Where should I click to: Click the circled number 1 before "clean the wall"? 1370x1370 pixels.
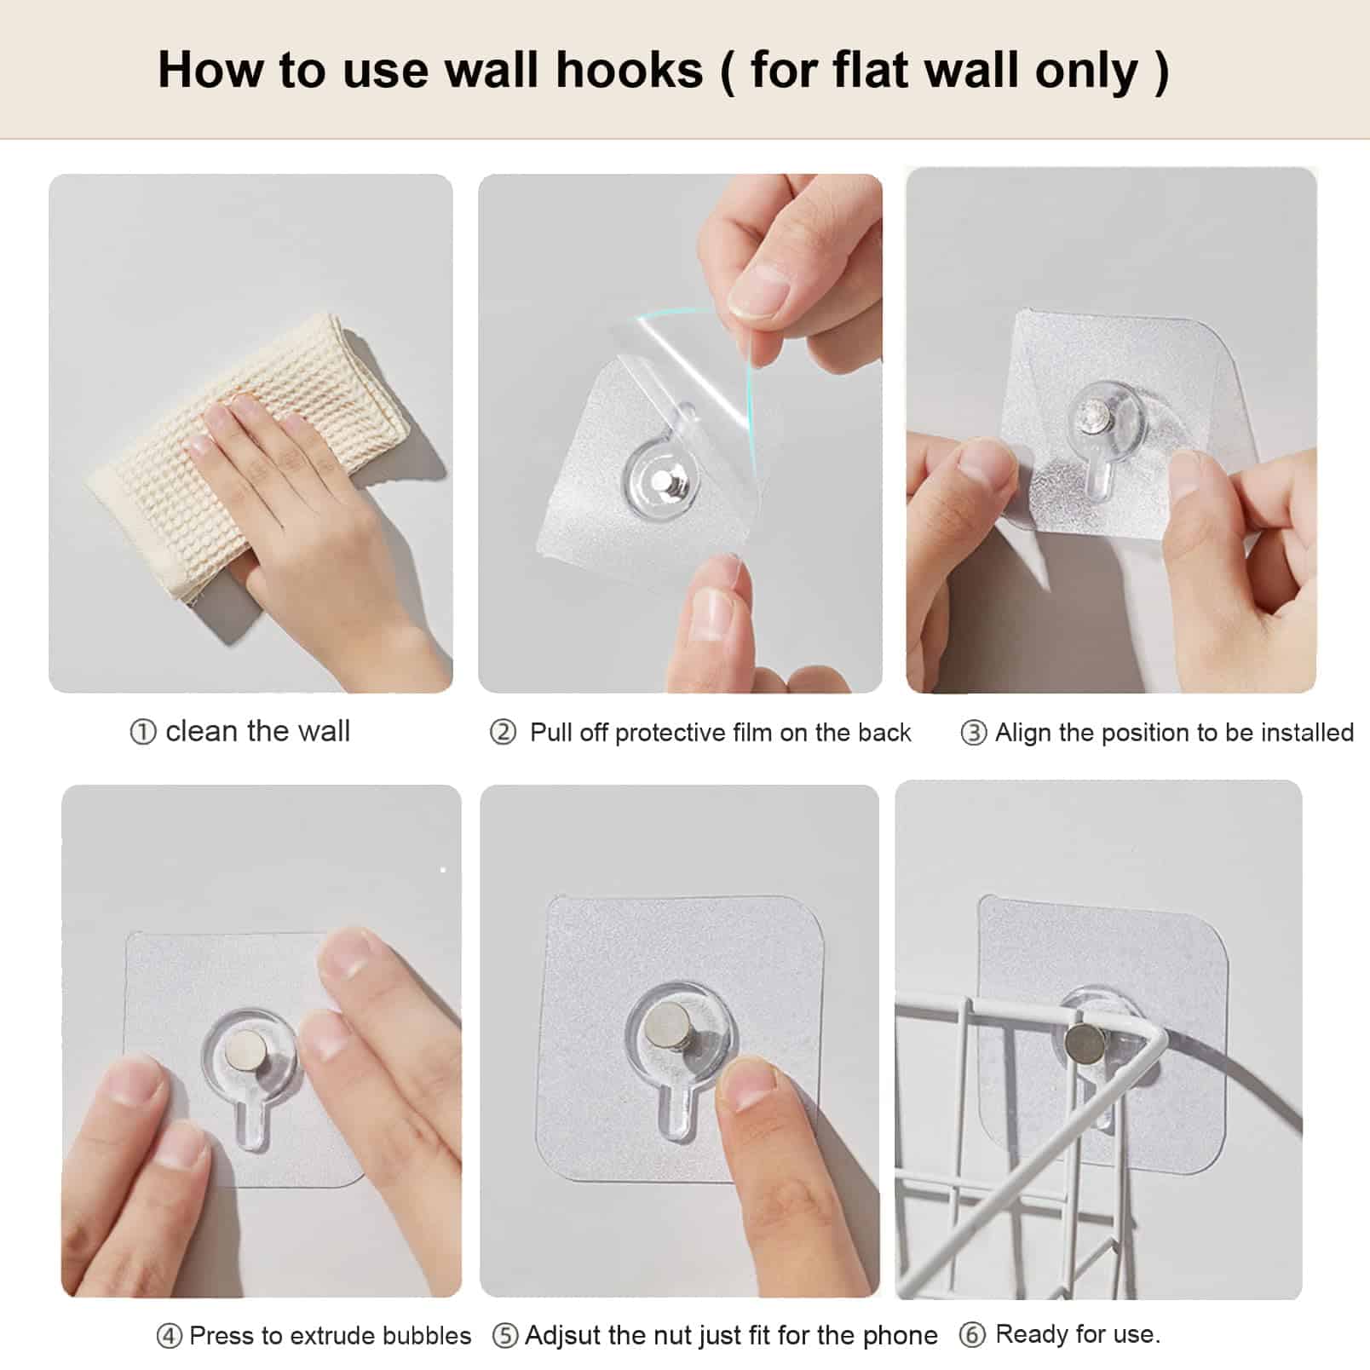point(142,732)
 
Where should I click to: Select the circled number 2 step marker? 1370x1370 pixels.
point(503,732)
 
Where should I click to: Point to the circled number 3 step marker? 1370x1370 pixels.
point(973,733)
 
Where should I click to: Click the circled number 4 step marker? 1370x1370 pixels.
point(169,1336)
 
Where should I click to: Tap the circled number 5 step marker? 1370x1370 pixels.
point(505,1335)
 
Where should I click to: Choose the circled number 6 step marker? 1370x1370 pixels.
point(972,1334)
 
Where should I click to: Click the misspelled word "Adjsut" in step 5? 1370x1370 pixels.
point(563,1335)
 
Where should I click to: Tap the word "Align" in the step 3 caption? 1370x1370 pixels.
point(1023,732)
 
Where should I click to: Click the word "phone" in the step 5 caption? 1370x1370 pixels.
point(901,1336)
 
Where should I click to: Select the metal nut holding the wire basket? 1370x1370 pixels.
point(1084,1042)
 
